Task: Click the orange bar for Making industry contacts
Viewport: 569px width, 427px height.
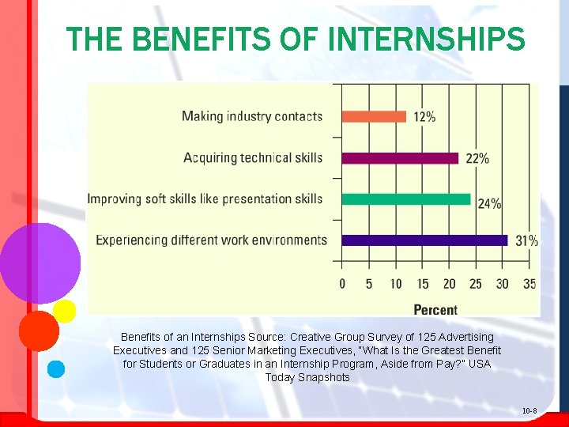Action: (x=374, y=116)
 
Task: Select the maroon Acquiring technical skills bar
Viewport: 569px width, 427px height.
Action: (x=400, y=158)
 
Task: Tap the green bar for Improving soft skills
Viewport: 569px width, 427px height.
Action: (x=406, y=199)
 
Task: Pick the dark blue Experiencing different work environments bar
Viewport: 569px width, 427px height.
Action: (x=424, y=240)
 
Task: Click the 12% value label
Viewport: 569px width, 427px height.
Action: (x=424, y=116)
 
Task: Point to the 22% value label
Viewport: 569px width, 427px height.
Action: (x=477, y=158)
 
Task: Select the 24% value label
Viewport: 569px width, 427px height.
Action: (x=489, y=203)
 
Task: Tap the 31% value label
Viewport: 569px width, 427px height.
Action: (x=526, y=240)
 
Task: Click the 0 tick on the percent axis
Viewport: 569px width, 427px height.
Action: (x=342, y=283)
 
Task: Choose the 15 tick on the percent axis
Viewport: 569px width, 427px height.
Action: (x=423, y=283)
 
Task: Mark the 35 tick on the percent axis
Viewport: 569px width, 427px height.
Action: (x=529, y=283)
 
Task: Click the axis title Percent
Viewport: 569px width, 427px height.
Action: (x=435, y=309)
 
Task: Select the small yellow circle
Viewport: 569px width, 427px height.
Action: (x=65, y=311)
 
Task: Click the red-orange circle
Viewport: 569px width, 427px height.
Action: (x=39, y=331)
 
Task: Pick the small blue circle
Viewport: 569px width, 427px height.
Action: (x=55, y=368)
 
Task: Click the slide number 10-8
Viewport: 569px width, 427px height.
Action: (x=529, y=411)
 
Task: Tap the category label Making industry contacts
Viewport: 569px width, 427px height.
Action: (x=252, y=116)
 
